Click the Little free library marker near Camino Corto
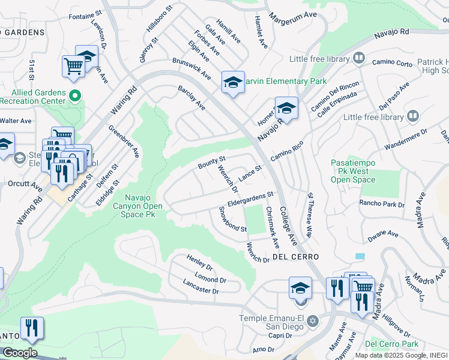coord(359,58)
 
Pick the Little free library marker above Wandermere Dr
coord(412,116)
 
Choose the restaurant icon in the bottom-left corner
coord(32,327)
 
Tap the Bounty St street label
coord(212,162)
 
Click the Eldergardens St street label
coord(250,199)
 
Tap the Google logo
coord(20,353)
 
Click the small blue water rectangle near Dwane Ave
coord(360,256)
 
